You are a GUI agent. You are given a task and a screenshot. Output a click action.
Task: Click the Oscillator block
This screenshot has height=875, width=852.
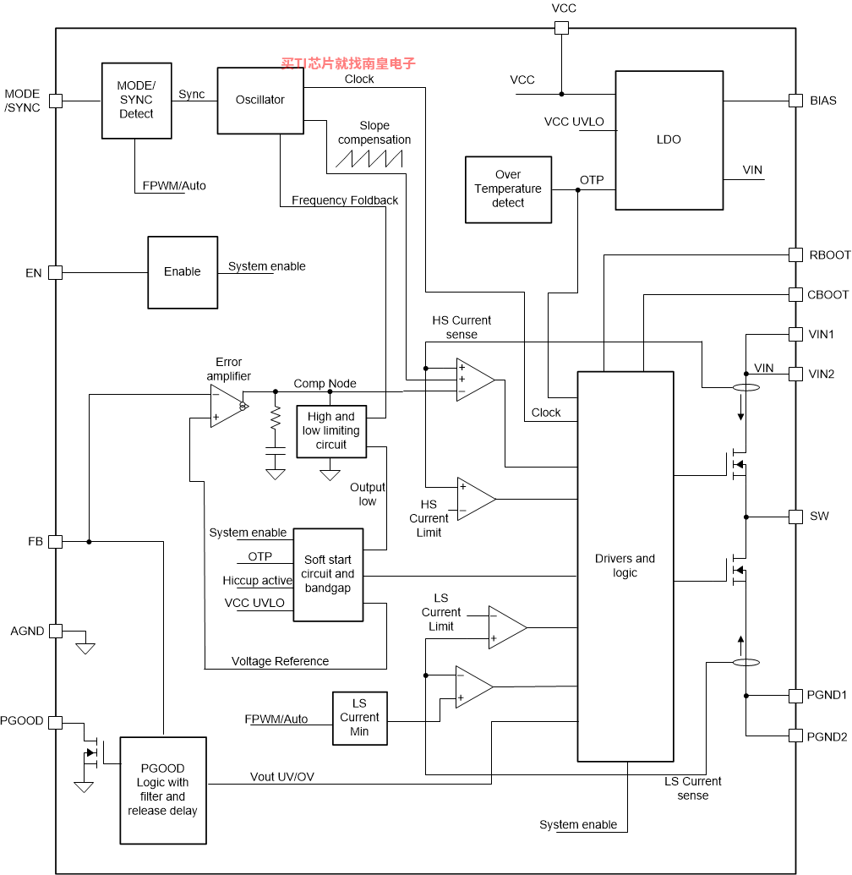point(260,101)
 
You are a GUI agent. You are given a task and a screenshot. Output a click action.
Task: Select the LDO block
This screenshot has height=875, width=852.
point(669,140)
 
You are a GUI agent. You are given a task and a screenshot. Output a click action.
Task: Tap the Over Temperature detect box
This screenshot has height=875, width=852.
point(508,189)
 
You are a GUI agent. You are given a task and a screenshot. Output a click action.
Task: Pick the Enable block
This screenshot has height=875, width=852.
point(183,272)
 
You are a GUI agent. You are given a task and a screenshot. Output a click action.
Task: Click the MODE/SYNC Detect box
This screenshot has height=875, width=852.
point(136,101)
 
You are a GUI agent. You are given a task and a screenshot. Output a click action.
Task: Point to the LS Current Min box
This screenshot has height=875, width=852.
point(360,719)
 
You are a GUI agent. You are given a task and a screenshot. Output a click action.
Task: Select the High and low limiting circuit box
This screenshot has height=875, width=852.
point(330,431)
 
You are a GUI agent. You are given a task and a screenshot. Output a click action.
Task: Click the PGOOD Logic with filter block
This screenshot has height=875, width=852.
point(163,790)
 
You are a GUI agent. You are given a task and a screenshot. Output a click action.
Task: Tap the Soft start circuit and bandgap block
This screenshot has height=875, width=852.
point(328,575)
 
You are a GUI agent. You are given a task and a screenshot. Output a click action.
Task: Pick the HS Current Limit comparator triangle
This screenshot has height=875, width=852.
point(476,499)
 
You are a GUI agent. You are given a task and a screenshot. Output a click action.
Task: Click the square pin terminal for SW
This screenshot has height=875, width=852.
point(795,517)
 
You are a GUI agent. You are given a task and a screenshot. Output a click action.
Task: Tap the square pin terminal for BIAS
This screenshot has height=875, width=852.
point(795,101)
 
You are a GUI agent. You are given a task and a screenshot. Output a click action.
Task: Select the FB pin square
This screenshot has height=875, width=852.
point(55,541)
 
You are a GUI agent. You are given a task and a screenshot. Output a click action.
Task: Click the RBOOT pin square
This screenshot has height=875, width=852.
point(795,255)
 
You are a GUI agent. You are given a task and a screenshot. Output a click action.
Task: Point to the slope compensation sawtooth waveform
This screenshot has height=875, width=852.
point(369,159)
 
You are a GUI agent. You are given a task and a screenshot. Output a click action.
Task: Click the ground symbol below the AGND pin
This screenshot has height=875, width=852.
point(85,648)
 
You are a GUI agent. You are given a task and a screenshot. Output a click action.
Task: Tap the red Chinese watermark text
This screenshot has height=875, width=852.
point(348,63)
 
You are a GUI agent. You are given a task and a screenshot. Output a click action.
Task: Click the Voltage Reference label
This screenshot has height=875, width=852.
point(280,661)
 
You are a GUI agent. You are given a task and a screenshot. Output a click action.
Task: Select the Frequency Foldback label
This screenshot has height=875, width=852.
point(345,200)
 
